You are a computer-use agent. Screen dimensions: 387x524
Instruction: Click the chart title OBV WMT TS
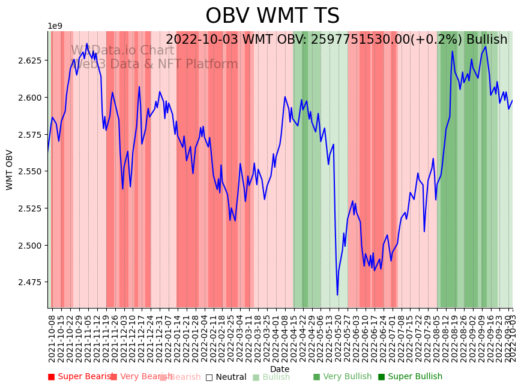[273, 16]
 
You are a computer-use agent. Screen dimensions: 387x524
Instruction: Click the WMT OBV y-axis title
[10, 170]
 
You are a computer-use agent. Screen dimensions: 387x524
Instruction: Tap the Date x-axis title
[280, 369]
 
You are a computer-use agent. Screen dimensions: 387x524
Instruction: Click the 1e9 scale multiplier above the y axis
[55, 26]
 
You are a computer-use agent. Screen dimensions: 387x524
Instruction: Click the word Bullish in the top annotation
[484, 40]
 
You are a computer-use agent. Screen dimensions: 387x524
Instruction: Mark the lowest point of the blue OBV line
[337, 295]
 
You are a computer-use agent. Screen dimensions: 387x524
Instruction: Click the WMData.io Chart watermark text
[122, 51]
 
